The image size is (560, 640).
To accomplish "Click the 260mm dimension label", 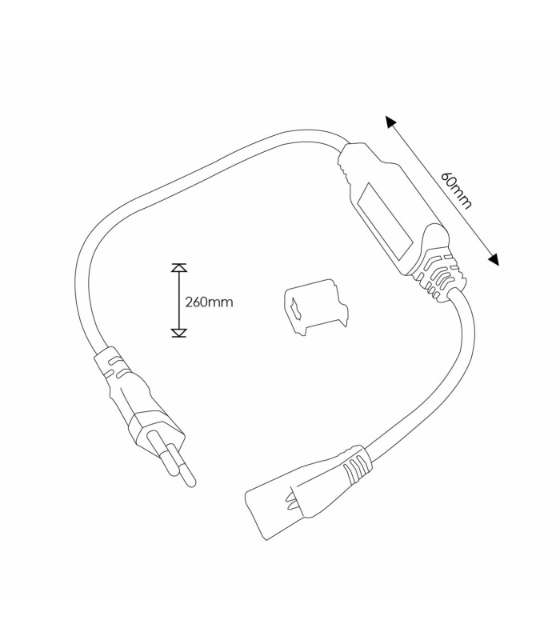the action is tap(209, 302).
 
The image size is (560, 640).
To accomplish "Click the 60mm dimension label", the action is tap(456, 190).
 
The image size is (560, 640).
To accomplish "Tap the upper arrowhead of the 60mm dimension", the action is tap(390, 122).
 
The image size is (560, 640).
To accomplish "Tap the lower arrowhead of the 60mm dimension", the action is tap(494, 259).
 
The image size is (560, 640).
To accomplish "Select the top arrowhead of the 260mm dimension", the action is tap(178, 268).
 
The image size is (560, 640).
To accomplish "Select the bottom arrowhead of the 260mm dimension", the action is tap(178, 333).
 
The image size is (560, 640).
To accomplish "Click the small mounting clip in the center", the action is tap(316, 306).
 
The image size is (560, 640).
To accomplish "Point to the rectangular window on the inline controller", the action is tap(385, 222).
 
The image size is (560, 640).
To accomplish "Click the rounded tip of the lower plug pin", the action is tap(190, 482).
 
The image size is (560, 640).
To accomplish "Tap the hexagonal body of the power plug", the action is tap(156, 429).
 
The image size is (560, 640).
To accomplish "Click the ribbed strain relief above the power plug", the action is tap(116, 365).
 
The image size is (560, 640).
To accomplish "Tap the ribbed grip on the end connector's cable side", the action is tap(354, 464).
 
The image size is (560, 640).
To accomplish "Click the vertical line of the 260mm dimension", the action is tap(178, 301).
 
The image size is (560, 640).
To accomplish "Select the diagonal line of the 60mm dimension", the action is tap(442, 190).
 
